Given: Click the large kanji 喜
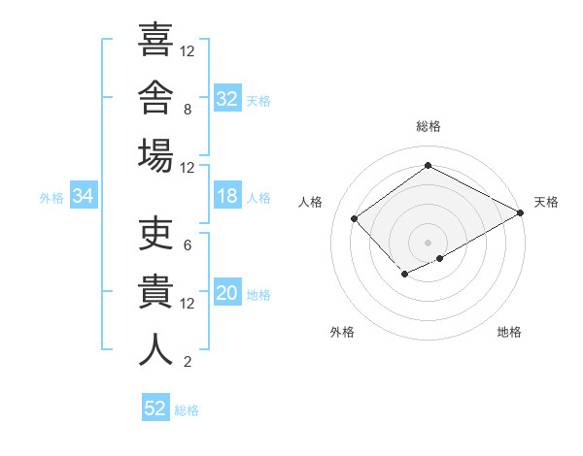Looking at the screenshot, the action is click(x=155, y=39).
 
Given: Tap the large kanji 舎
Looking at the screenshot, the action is click(x=155, y=97).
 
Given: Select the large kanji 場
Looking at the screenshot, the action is click(x=155, y=155).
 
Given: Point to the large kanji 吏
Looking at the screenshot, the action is click(x=155, y=233).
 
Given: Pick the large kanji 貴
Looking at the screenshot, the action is click(x=155, y=291).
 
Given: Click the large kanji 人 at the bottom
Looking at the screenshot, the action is click(x=155, y=349).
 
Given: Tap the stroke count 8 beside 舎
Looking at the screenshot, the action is click(x=188, y=110).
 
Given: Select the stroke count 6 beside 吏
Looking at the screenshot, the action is click(x=188, y=245).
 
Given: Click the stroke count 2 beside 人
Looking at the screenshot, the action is click(x=188, y=362).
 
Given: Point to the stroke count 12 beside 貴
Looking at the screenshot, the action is click(x=187, y=304).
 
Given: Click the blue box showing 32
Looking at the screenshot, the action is click(x=227, y=97).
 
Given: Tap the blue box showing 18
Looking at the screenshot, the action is click(x=227, y=195).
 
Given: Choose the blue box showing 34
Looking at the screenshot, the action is click(x=84, y=195).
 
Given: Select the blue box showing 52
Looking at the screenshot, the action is click(x=155, y=407).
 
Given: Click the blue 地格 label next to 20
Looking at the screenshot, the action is click(x=258, y=295).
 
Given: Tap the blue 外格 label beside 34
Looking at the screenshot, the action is click(x=51, y=198).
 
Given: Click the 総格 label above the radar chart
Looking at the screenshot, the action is click(x=429, y=126).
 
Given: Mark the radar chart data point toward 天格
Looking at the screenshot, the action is click(x=521, y=212).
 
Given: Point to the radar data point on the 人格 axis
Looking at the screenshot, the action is click(x=354, y=218).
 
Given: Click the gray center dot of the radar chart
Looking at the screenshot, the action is click(x=428, y=243).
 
